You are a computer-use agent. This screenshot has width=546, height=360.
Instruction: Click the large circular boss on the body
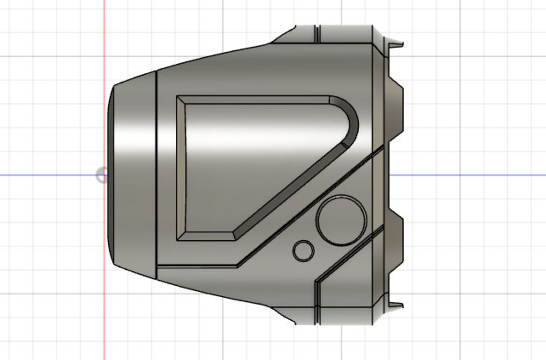click(341, 220)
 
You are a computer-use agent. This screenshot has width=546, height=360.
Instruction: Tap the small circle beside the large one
click(303, 251)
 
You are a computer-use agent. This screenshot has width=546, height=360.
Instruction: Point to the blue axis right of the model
click(469, 175)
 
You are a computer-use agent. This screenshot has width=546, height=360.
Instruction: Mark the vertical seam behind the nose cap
click(157, 175)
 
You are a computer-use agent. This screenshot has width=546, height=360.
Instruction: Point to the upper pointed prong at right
click(397, 45)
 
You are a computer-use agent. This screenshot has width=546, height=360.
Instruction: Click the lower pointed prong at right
click(397, 304)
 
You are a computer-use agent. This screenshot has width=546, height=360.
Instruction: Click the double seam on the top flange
click(317, 34)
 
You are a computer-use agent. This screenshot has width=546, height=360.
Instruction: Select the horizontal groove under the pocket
click(196, 265)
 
